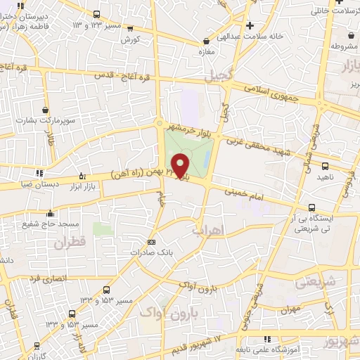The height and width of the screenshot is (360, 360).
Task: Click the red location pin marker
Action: [x=181, y=165]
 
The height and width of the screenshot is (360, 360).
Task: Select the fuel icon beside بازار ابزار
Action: [x=84, y=176]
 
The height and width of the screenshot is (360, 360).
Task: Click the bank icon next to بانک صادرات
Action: [x=153, y=243]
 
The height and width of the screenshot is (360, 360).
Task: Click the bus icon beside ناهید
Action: [x=324, y=167]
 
